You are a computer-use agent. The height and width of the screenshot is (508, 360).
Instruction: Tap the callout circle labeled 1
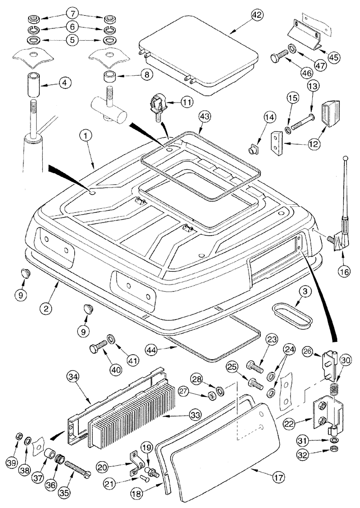[87, 136]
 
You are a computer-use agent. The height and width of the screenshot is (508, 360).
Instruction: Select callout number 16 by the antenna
[344, 271]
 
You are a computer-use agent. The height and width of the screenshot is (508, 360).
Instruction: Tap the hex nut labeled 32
[333, 450]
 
